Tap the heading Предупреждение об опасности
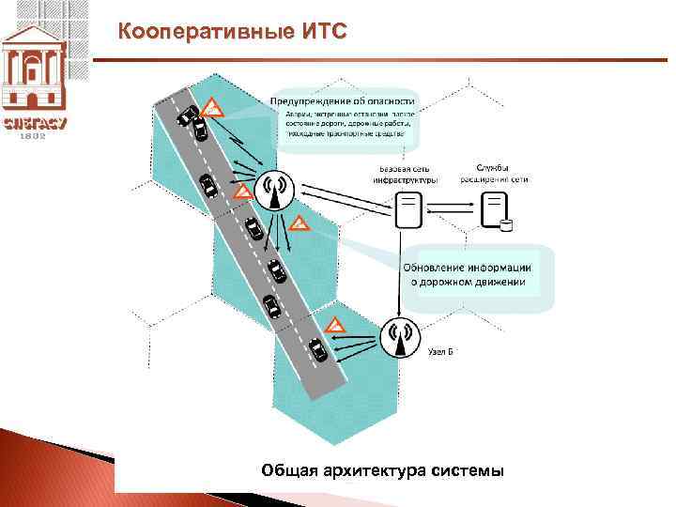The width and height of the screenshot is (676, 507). (x=343, y=100)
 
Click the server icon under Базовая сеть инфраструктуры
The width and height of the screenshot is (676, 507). (x=407, y=209)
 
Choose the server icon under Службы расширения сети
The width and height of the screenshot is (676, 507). (x=493, y=210)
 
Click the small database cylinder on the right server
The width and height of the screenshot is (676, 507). (x=506, y=224)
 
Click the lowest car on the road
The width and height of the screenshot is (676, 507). (x=318, y=349)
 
